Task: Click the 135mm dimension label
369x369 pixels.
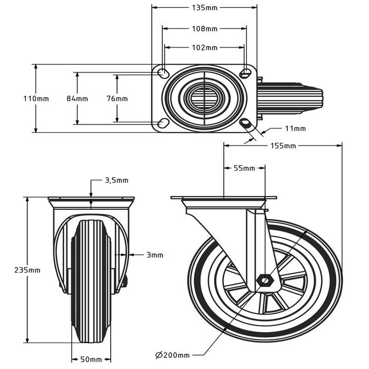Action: tap(205, 8)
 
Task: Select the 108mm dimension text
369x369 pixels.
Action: tap(205, 28)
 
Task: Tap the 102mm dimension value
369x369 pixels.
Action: tap(205, 47)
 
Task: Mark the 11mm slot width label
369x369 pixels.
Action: tap(295, 128)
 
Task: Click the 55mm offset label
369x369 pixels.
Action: tap(244, 168)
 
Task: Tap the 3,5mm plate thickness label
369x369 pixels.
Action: tap(116, 180)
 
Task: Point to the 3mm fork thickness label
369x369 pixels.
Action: tap(154, 255)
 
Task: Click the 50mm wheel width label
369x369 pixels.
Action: tap(91, 360)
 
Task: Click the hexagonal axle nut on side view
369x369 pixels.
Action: tap(264, 279)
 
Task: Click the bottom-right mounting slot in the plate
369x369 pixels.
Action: tap(245, 123)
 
